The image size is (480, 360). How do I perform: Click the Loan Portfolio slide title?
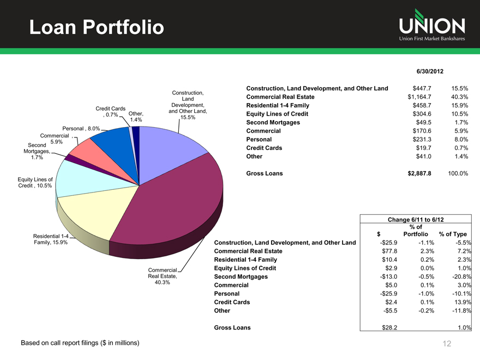96,27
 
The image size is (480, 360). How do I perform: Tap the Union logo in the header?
431,26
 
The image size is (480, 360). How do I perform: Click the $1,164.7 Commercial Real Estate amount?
419,97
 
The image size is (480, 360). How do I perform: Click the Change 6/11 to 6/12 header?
416,219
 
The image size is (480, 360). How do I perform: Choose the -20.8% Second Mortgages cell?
459,277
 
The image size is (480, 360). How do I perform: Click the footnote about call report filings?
80,343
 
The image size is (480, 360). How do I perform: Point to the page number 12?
447,344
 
